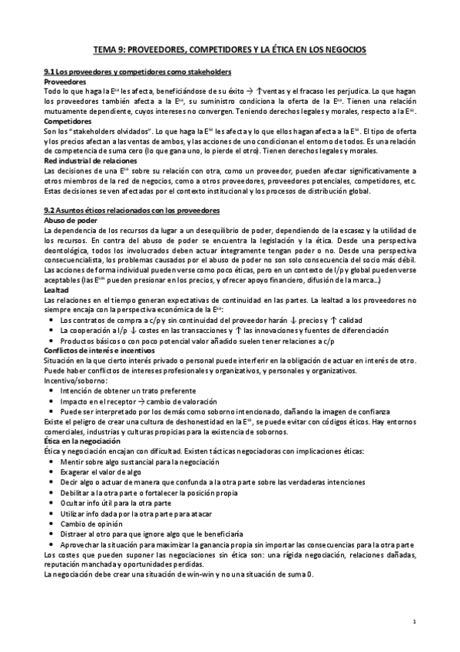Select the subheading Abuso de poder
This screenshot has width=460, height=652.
click(71, 220)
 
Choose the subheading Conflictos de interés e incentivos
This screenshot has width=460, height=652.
click(99, 351)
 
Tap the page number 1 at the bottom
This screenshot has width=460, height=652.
click(414, 621)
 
